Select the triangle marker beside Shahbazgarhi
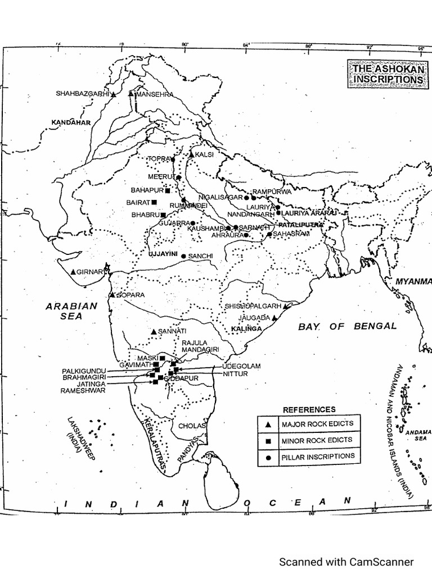pos(113,95)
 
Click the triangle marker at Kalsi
pos(191,154)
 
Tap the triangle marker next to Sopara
pos(113,294)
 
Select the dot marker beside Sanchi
pos(183,255)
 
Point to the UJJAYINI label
pos(162,254)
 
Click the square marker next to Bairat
pos(154,202)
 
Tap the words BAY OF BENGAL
pos(347,326)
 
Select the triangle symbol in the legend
pos(269,424)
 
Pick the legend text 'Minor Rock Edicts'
pos(317,440)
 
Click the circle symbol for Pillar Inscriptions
pos(269,458)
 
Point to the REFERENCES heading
pos(309,409)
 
